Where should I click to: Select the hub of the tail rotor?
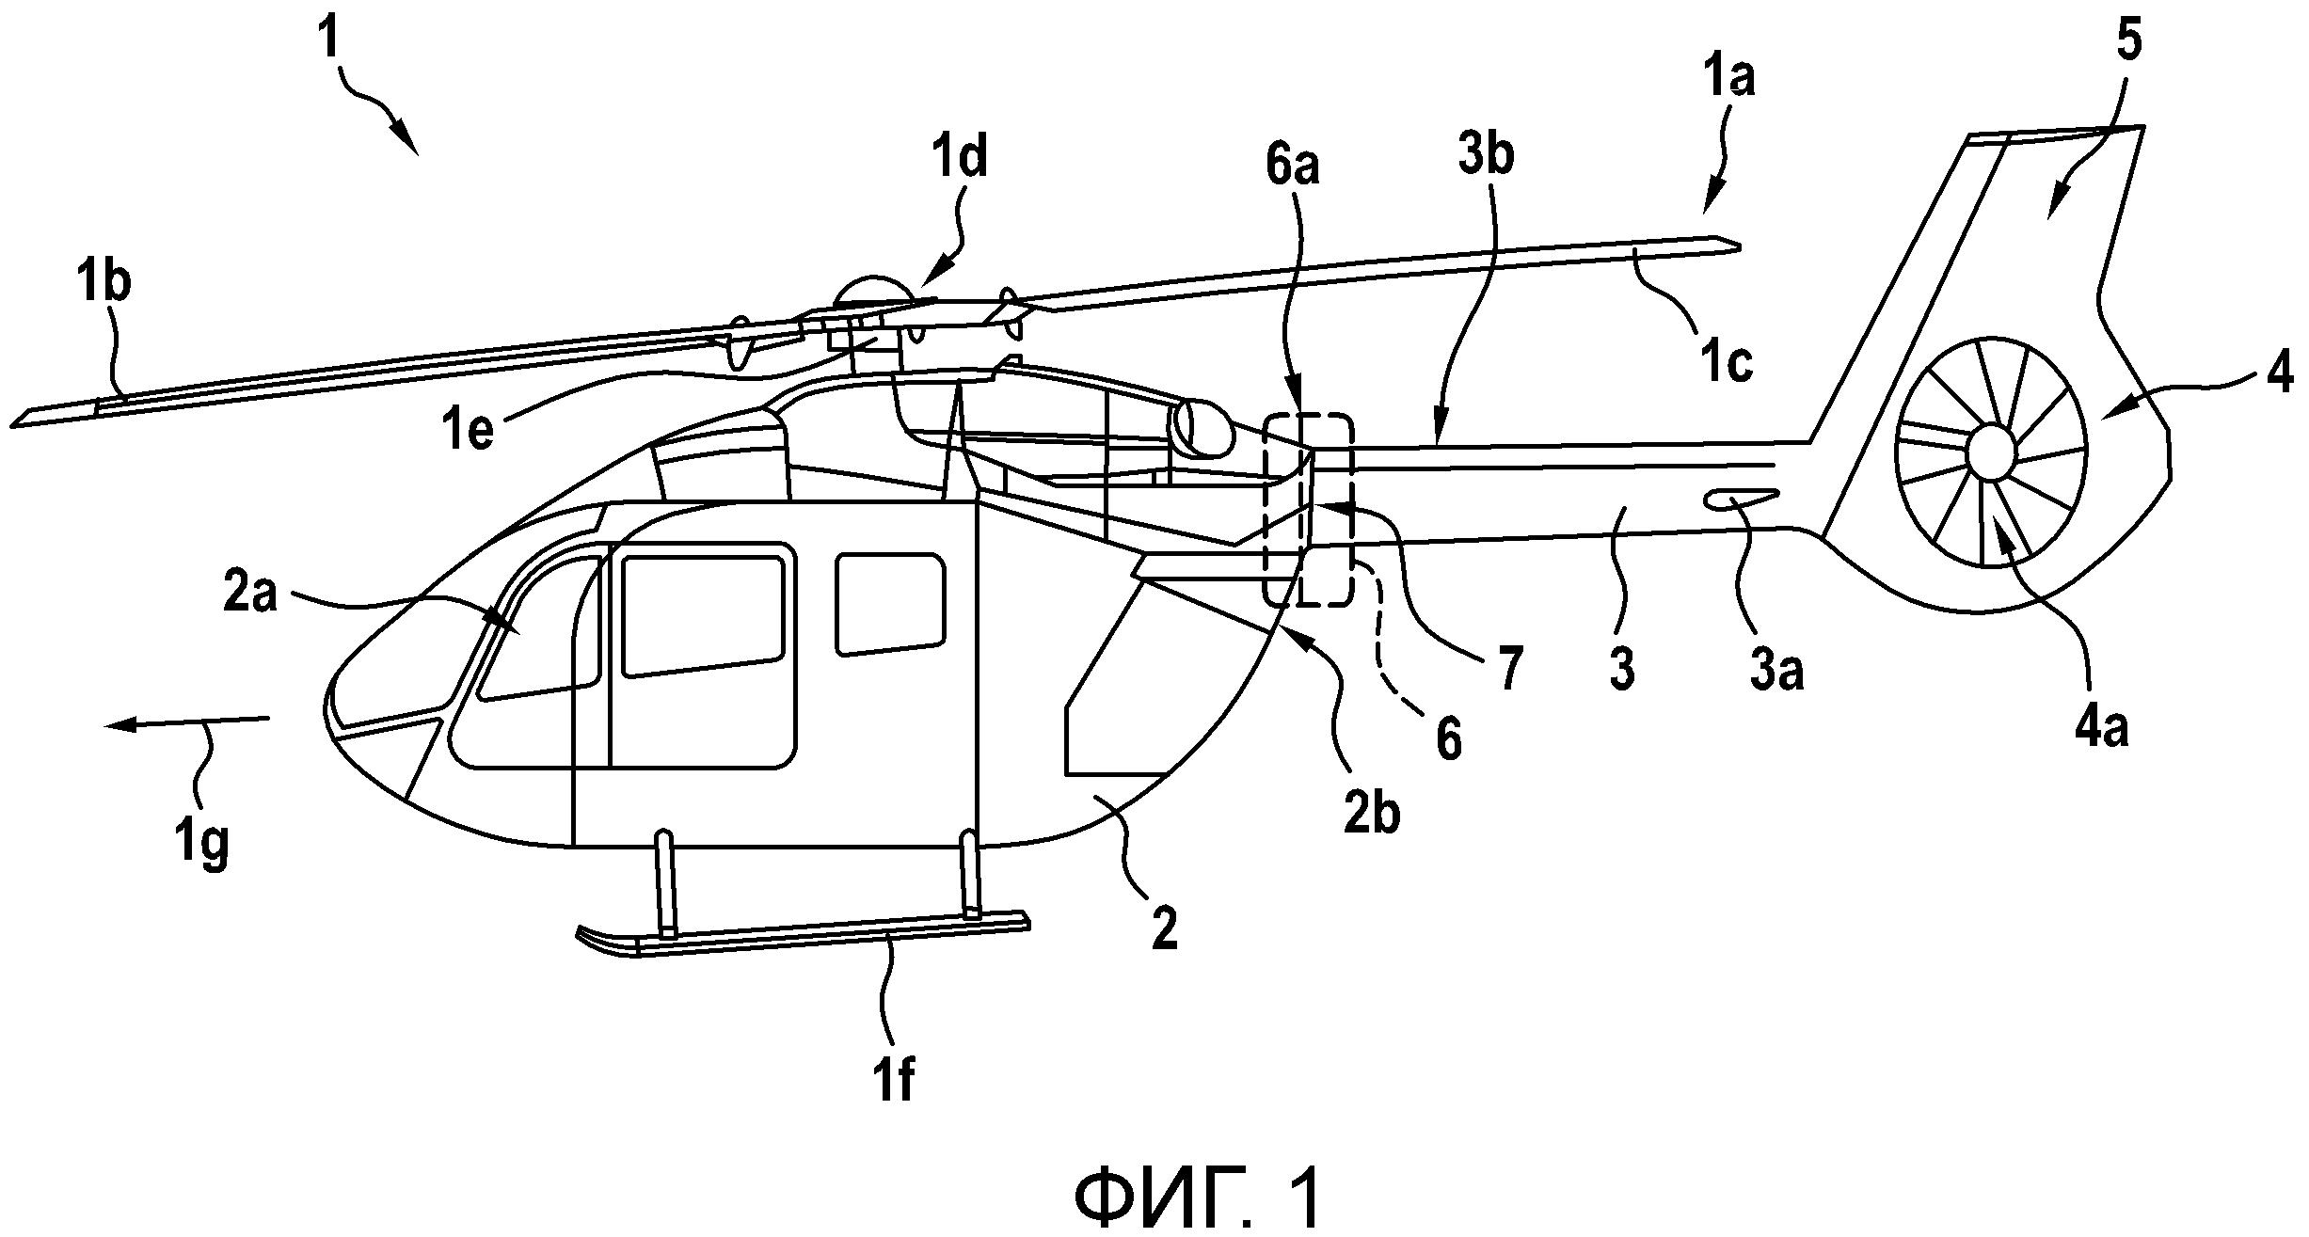[1992, 451]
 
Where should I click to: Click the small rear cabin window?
[890, 603]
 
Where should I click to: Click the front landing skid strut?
[665, 883]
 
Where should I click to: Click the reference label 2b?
[1371, 814]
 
